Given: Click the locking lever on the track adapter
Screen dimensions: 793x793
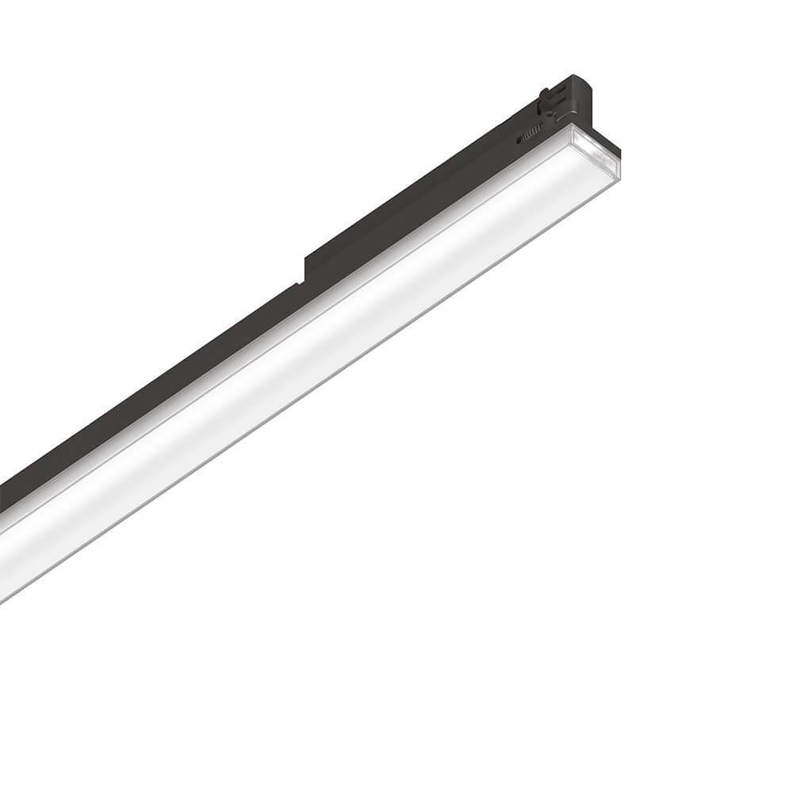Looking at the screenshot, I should pyautogui.click(x=546, y=101).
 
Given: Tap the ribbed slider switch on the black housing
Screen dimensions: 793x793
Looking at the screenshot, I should pyautogui.click(x=533, y=129).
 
